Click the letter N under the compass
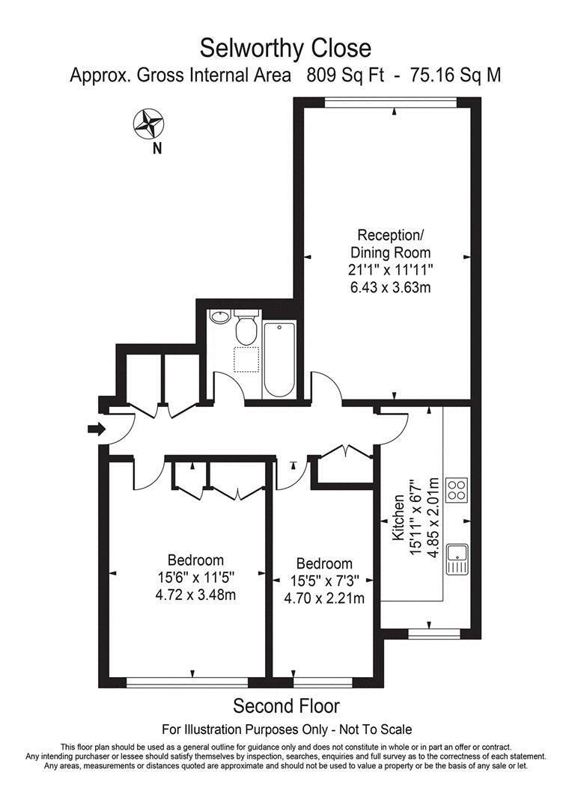click(x=156, y=148)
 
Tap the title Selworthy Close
click(x=285, y=49)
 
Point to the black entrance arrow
click(x=97, y=429)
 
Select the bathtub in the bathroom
click(x=279, y=359)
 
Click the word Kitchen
click(x=399, y=524)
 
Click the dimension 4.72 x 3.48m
click(x=195, y=596)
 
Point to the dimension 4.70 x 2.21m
click(x=324, y=599)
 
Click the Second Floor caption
click(x=286, y=706)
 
